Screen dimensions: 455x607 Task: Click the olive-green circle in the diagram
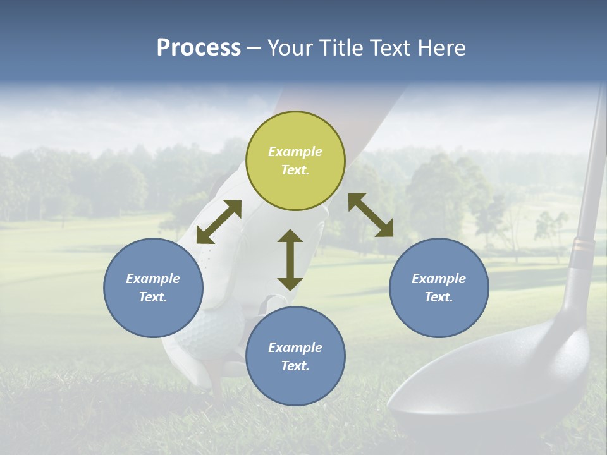(x=295, y=161)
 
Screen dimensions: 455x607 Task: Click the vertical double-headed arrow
(x=290, y=260)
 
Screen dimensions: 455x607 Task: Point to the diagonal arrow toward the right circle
(x=371, y=215)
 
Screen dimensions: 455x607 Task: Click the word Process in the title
(x=199, y=48)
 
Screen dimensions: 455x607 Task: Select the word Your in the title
(x=288, y=48)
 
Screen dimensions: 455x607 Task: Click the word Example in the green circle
(x=295, y=152)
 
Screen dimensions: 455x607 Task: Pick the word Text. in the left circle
(x=153, y=297)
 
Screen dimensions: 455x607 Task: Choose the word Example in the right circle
(x=439, y=279)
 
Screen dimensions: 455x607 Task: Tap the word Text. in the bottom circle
(x=295, y=366)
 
